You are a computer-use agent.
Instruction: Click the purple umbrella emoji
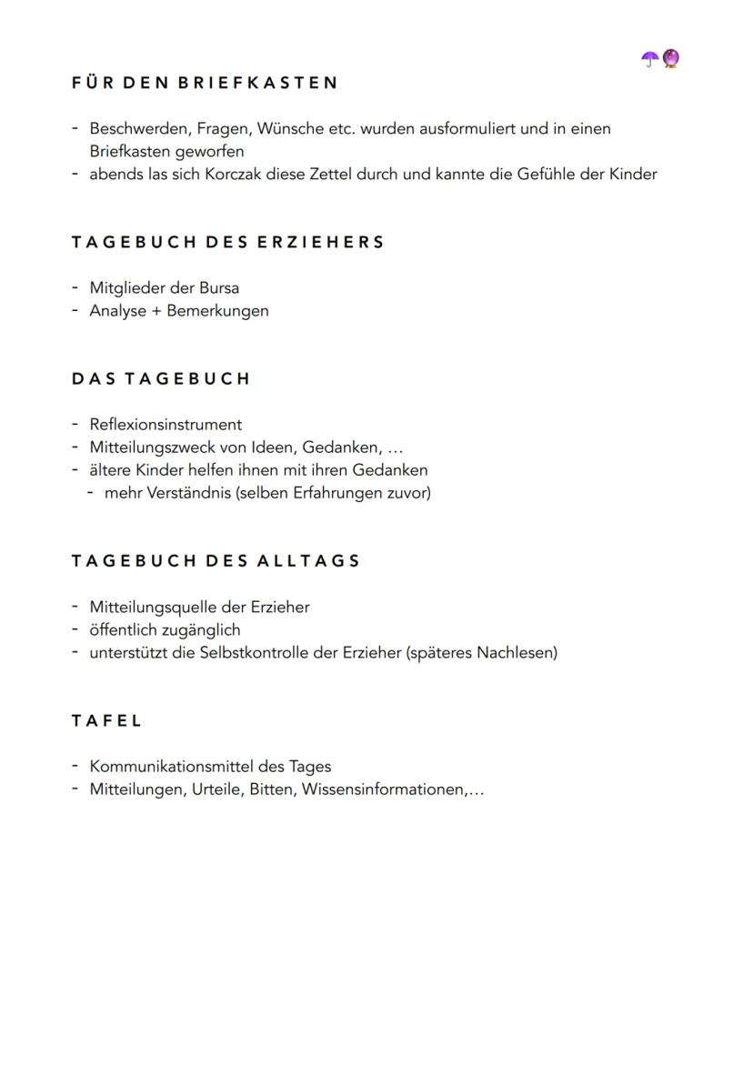coord(650,59)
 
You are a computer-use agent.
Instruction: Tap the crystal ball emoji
coord(671,59)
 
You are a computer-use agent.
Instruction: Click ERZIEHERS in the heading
coord(321,243)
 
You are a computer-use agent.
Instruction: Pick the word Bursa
coord(219,288)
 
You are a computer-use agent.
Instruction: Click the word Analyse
coord(117,311)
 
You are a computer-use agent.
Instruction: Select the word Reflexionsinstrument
coord(166,425)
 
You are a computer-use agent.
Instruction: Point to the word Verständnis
coord(186,493)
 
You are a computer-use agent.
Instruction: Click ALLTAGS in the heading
coord(308,561)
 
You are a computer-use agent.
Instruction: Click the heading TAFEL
coord(106,721)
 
